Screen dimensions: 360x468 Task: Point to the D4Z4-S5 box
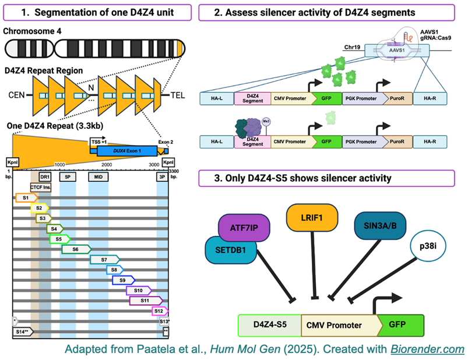[269, 325]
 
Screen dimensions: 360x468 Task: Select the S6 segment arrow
[76, 249]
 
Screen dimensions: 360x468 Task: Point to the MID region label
[98, 175]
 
